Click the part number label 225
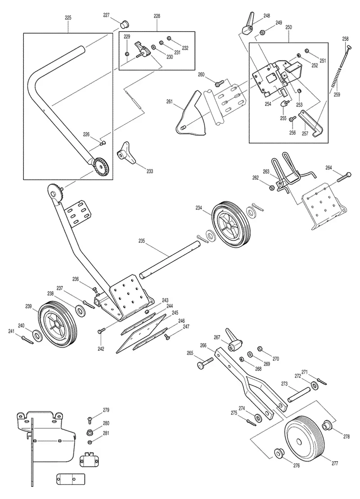tap(68, 18)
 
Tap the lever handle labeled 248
tap(248, 24)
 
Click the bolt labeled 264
tap(343, 177)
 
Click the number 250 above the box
tap(288, 27)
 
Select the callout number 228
tap(157, 16)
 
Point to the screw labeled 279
tap(90, 420)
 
